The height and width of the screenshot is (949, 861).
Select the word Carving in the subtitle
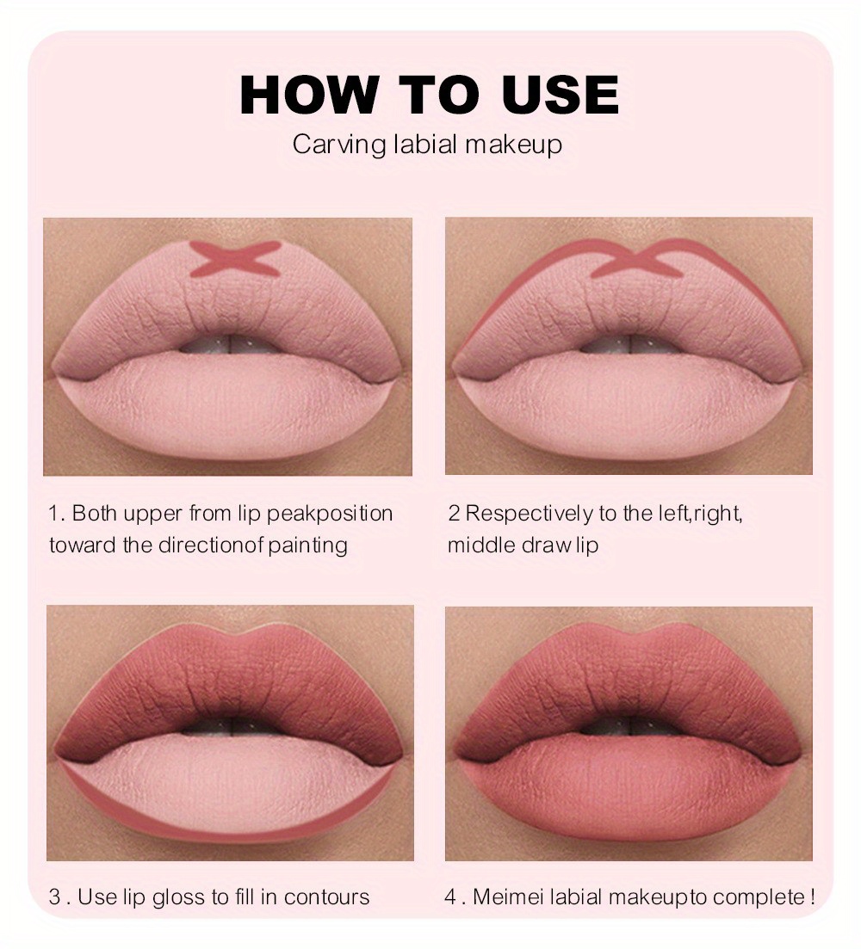338,144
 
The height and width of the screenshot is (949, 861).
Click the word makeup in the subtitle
514,145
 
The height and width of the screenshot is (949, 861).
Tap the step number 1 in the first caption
53,514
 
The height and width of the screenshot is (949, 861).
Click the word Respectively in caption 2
527,514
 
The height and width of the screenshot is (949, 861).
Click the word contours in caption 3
326,897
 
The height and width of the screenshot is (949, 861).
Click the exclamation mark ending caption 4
811,897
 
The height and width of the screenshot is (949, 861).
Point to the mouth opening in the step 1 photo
228,342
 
